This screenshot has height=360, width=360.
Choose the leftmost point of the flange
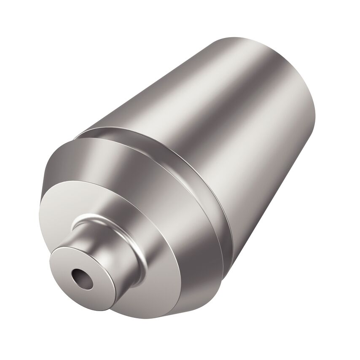pos(42,185)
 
